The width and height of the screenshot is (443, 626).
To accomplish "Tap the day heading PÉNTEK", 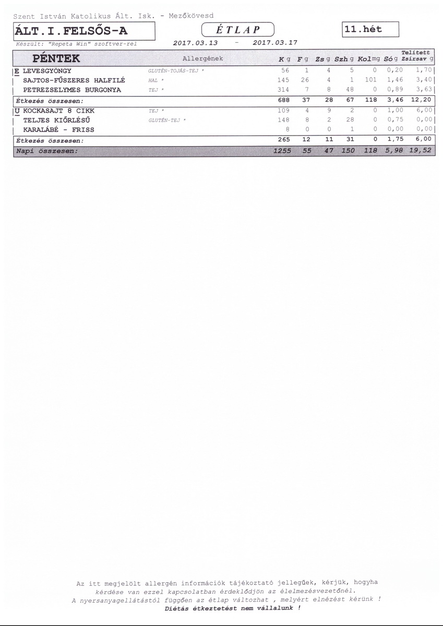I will click(56, 58).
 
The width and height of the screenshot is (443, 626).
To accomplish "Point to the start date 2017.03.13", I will click(195, 43).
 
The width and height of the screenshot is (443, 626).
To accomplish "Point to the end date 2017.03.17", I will click(274, 43).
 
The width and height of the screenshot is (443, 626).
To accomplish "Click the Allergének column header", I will click(203, 58).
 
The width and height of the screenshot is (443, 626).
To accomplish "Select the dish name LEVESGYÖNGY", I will click(47, 70).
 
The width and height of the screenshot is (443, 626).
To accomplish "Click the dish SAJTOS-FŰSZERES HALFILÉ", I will click(74, 80).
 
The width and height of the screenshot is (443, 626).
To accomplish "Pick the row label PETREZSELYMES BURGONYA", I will click(72, 90).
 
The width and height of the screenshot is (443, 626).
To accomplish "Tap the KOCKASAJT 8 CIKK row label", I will click(59, 111).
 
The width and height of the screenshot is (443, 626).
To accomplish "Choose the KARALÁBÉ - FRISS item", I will click(59, 130).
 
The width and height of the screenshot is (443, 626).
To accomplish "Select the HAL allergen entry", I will click(155, 80).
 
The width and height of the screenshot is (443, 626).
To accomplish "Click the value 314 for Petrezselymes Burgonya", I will click(284, 90).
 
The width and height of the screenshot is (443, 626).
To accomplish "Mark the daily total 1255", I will click(282, 151).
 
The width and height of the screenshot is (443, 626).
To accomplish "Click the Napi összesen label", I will click(47, 151).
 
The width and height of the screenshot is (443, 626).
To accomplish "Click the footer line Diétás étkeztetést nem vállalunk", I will click(232, 608).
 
